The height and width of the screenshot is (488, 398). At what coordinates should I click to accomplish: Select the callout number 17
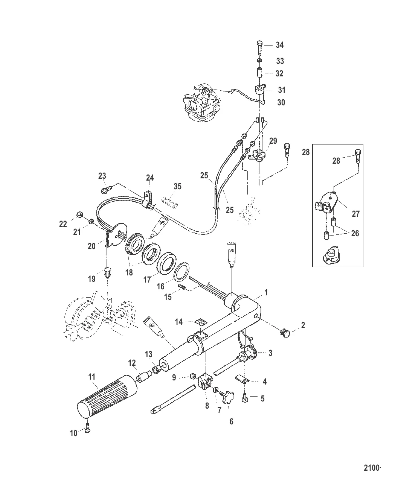[x=147, y=280]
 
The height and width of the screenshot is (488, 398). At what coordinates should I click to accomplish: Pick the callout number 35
[x=177, y=186]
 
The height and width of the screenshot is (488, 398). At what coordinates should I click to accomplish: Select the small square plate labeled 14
[x=201, y=322]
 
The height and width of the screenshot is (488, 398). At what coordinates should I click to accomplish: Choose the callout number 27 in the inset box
[x=355, y=214]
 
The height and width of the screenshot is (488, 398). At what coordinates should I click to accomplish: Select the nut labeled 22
[x=79, y=214]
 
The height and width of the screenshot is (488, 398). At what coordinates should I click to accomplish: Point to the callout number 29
[x=273, y=141]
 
